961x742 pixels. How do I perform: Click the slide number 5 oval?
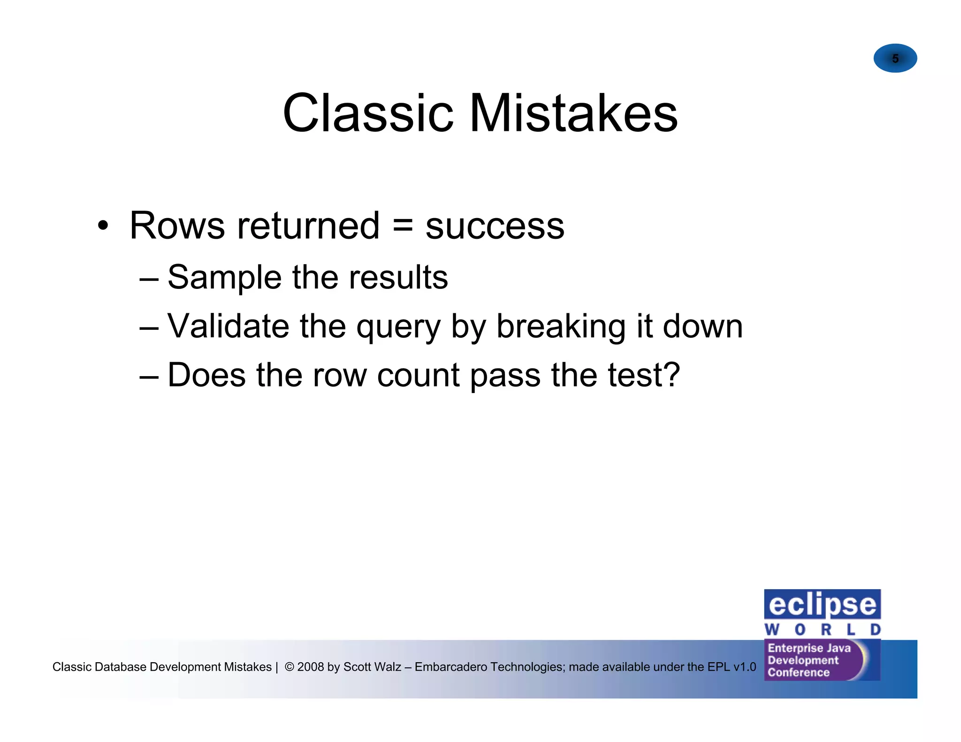(895, 58)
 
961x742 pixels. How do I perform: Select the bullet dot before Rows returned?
(103, 226)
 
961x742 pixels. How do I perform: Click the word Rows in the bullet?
(177, 226)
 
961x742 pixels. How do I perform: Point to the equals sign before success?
(403, 226)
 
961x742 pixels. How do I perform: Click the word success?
(495, 227)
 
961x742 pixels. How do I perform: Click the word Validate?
(228, 326)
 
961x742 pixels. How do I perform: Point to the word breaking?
(561, 327)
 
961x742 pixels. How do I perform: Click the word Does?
(206, 375)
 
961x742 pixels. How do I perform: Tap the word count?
(418, 376)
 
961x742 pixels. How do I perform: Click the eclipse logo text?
(822, 605)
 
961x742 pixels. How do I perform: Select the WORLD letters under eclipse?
(822, 629)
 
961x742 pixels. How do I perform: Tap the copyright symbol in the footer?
(290, 666)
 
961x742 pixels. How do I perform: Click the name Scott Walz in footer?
(372, 666)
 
